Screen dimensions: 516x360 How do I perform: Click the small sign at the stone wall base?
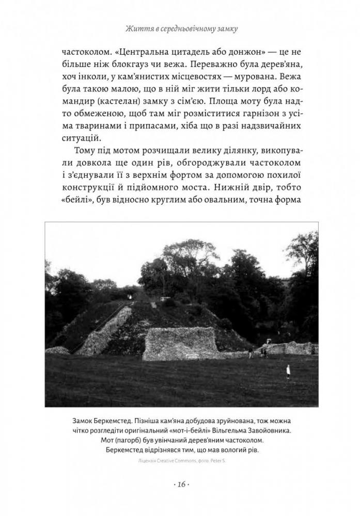[191, 357]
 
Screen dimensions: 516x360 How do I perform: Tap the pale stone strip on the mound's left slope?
[103, 330]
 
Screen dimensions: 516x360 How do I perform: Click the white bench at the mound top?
[166, 298]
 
